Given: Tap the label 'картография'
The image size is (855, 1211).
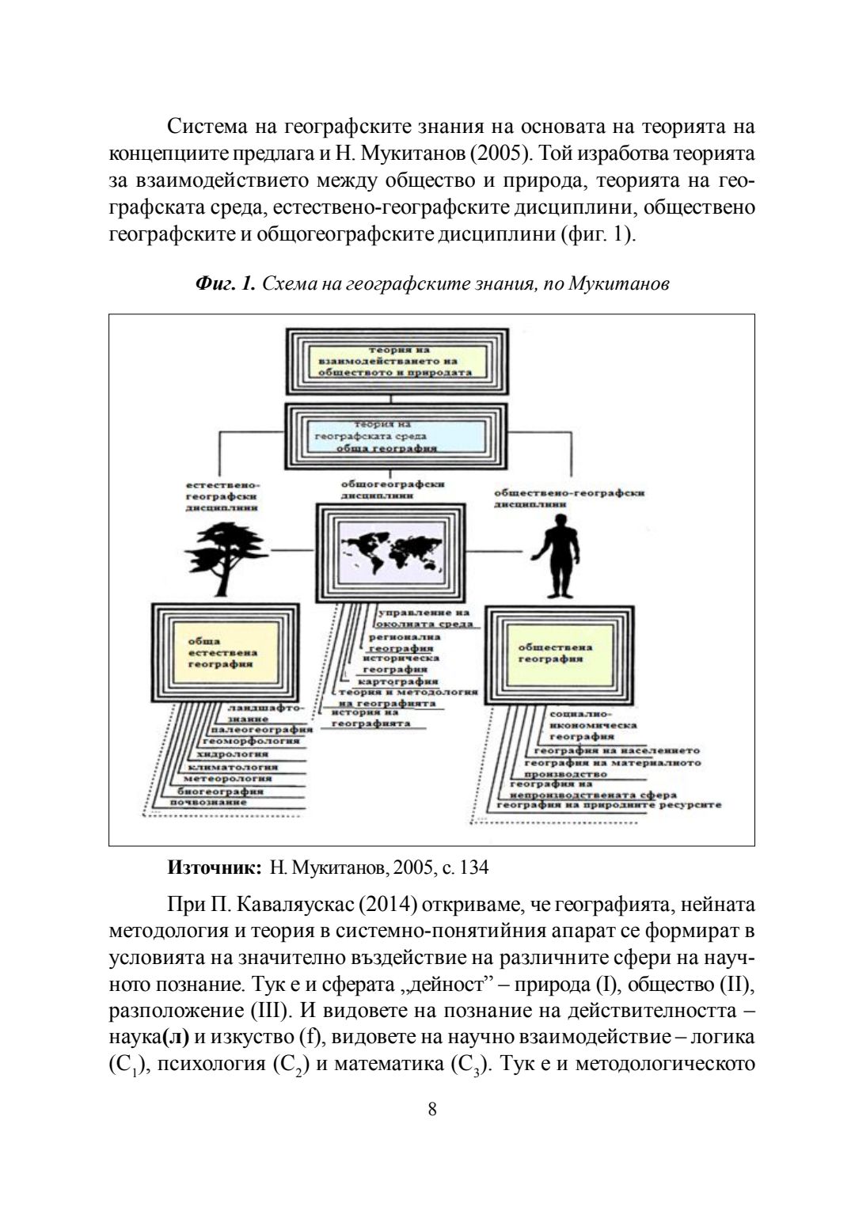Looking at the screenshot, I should point(397,681).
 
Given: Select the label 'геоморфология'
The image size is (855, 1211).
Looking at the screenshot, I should point(251,741).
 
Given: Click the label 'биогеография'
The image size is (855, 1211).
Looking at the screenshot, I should point(219,790).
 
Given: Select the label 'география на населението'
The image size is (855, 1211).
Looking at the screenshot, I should point(617,750).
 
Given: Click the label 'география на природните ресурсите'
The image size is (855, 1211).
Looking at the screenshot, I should point(608,804).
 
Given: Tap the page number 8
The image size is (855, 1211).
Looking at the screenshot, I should point(431,1109).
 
